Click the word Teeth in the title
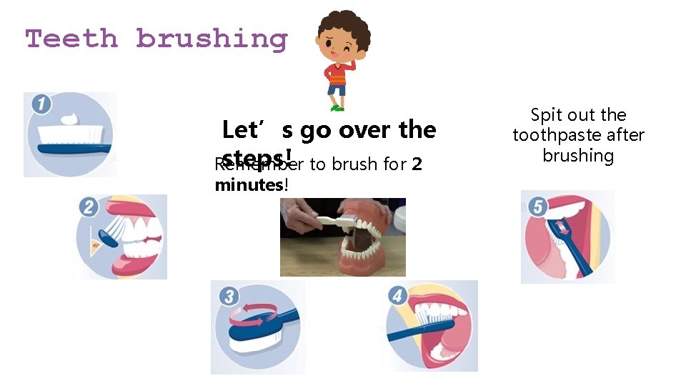tap(71, 39)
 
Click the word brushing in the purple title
tap(212, 39)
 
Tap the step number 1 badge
tap(41, 105)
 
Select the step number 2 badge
tap(90, 208)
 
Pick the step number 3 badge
tap(228, 296)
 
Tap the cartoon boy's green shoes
tap(337, 107)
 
